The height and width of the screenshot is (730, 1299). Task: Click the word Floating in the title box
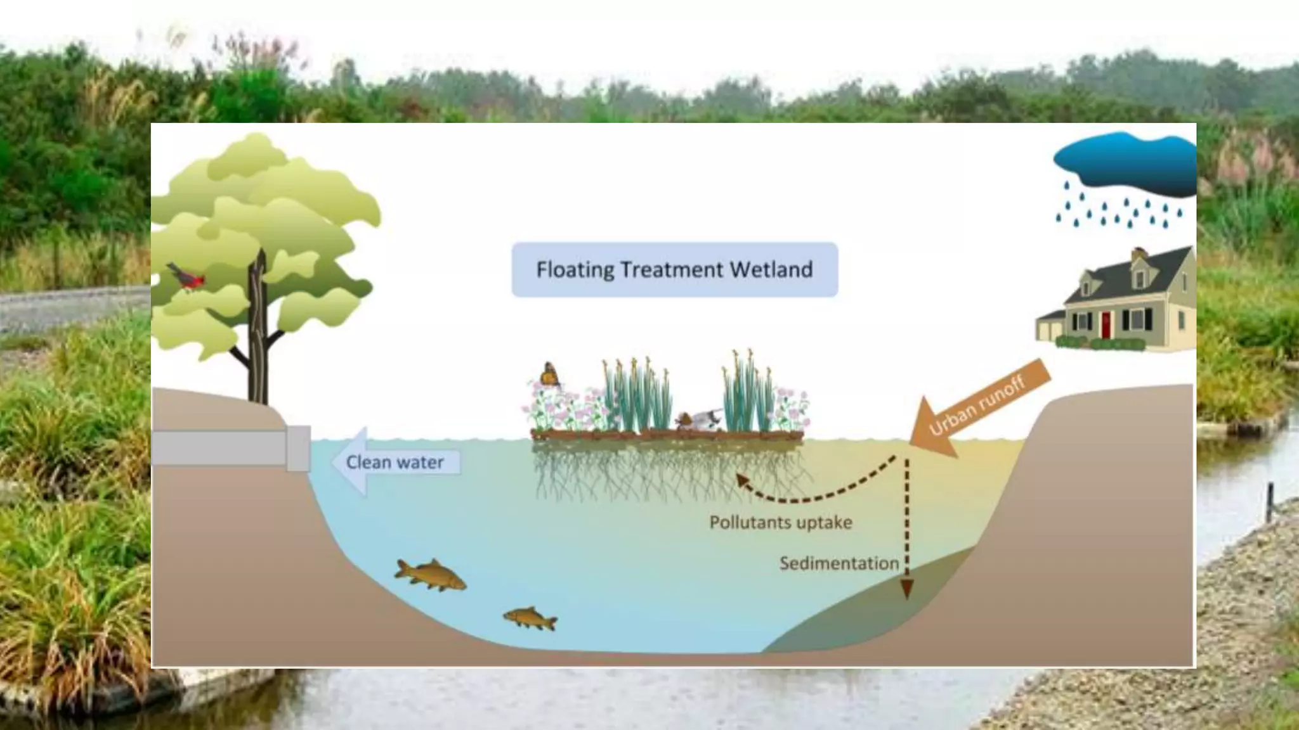pyautogui.click(x=575, y=270)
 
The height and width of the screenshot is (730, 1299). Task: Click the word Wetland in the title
pyautogui.click(x=771, y=270)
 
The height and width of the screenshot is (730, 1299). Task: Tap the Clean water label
pyautogui.click(x=395, y=463)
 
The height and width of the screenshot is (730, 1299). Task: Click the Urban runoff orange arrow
pyautogui.click(x=977, y=406)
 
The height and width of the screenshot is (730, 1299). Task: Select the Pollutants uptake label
pyautogui.click(x=780, y=523)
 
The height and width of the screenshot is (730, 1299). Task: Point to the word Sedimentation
pyautogui.click(x=839, y=563)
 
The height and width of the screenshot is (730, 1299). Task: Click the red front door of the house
pyautogui.click(x=1106, y=324)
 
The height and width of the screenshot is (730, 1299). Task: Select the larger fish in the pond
pyautogui.click(x=430, y=575)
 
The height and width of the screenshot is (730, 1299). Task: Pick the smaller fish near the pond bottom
pyautogui.click(x=530, y=618)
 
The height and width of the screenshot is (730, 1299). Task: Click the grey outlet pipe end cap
pyautogui.click(x=298, y=448)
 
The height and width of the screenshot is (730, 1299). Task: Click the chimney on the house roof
pyautogui.click(x=1139, y=255)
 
